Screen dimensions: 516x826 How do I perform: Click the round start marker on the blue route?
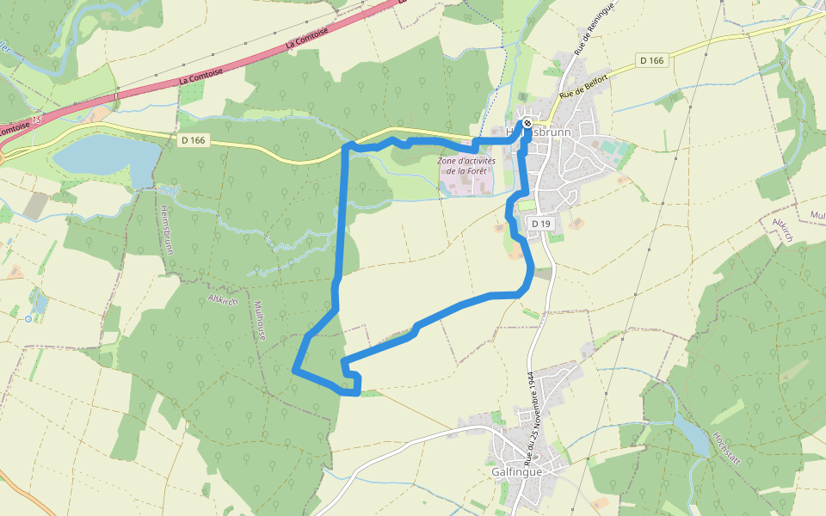[527, 124]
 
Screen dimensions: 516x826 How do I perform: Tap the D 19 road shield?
[539, 224]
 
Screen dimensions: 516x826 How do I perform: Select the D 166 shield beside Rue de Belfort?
[653, 60]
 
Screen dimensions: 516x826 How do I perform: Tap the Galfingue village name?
[517, 472]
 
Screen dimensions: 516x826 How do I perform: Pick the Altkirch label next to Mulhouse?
[223, 300]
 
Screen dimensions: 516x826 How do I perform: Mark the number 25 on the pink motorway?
[35, 121]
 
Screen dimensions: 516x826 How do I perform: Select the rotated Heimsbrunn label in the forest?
[166, 230]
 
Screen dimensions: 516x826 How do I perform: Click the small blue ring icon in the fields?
[28, 318]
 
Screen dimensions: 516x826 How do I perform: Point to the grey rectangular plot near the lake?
[36, 205]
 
